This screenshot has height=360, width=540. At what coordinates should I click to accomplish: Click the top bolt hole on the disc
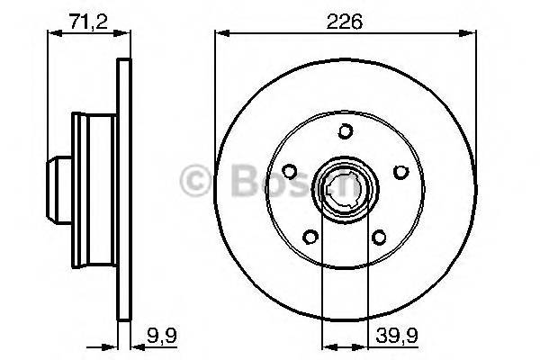tap(345, 131)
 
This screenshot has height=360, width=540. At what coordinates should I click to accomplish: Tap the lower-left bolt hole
tap(310, 238)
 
